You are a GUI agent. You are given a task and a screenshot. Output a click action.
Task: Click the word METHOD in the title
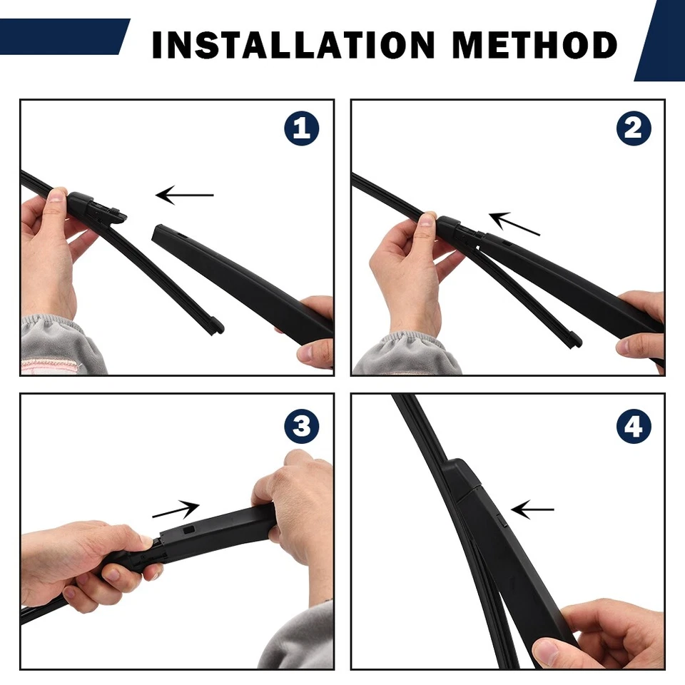(534, 45)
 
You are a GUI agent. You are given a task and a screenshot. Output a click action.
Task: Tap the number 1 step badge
(301, 129)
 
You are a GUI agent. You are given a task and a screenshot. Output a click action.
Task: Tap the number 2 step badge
(633, 129)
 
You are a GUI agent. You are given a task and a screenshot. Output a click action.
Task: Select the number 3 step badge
(301, 427)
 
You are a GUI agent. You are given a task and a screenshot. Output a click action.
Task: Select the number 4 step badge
(633, 427)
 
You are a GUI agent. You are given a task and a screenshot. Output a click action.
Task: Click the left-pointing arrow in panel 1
(184, 194)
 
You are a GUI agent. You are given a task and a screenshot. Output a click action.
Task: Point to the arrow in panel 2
(514, 223)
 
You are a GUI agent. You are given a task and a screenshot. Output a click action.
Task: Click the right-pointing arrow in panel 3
(176, 510)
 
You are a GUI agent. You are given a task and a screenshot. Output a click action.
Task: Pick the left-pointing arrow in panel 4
(532, 509)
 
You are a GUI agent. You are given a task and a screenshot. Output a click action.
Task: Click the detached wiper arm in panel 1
(235, 278)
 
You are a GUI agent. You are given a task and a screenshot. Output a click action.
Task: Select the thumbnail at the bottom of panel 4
(547, 651)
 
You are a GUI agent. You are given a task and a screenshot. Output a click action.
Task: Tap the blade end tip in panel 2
(574, 341)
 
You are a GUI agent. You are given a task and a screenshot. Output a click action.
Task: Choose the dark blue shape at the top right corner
(662, 40)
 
